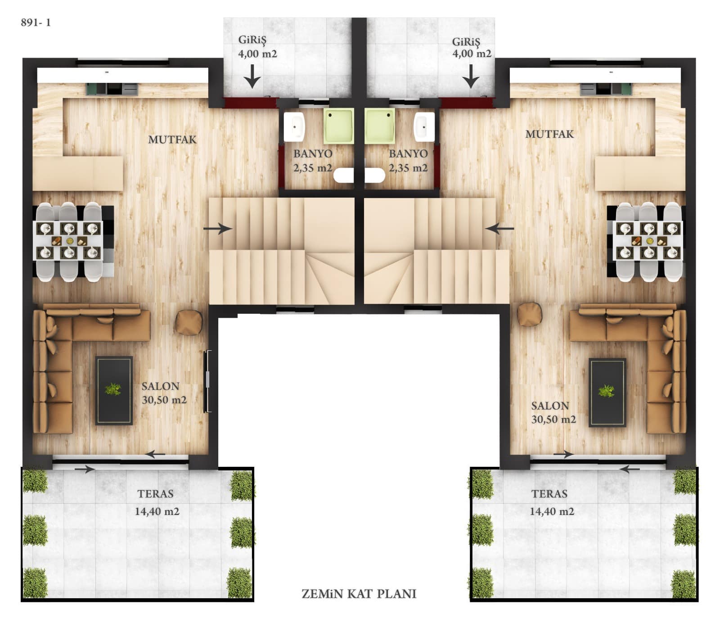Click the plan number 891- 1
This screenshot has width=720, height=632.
[x=36, y=23]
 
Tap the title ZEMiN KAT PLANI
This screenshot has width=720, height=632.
[x=359, y=594]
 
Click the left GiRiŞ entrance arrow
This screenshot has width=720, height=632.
[x=252, y=76]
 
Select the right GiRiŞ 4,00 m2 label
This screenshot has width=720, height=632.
[x=472, y=48]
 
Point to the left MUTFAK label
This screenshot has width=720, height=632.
[x=172, y=140]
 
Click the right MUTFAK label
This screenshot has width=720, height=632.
[x=549, y=134]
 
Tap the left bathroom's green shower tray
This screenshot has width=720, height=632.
[x=338, y=126]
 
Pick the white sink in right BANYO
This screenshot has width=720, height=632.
[x=424, y=127]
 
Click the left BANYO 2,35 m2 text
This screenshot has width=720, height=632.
[x=313, y=161]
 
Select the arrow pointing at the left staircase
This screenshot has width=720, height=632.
[x=217, y=229]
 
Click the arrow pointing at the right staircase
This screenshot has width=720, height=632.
[x=499, y=229]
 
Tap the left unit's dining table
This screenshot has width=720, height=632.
[x=69, y=241]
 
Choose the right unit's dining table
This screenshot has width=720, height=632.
[x=648, y=241]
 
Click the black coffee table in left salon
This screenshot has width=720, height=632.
[x=114, y=390]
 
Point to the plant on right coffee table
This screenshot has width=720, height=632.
[x=607, y=390]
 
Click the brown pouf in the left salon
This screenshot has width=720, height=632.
[x=189, y=322]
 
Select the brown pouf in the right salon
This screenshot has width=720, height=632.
[x=530, y=314]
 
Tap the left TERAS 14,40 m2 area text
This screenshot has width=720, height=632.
[x=157, y=502]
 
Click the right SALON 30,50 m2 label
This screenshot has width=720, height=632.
[x=553, y=412]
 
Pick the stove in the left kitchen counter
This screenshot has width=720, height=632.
[x=114, y=89]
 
